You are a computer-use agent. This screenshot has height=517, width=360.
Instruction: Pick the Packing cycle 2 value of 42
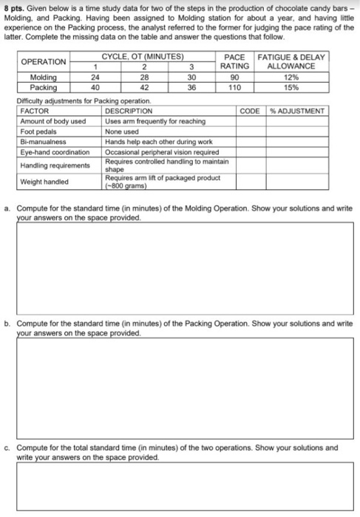point(145,86)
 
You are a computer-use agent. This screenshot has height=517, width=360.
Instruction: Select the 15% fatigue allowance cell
point(291,86)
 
